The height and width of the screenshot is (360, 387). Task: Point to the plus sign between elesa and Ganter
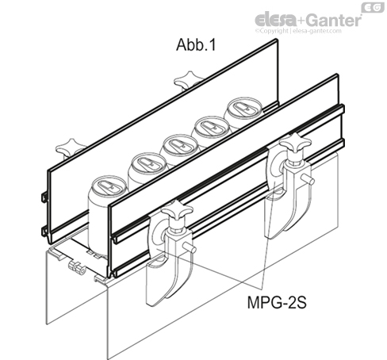click(297, 18)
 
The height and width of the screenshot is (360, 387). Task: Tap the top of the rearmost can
click(242, 111)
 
